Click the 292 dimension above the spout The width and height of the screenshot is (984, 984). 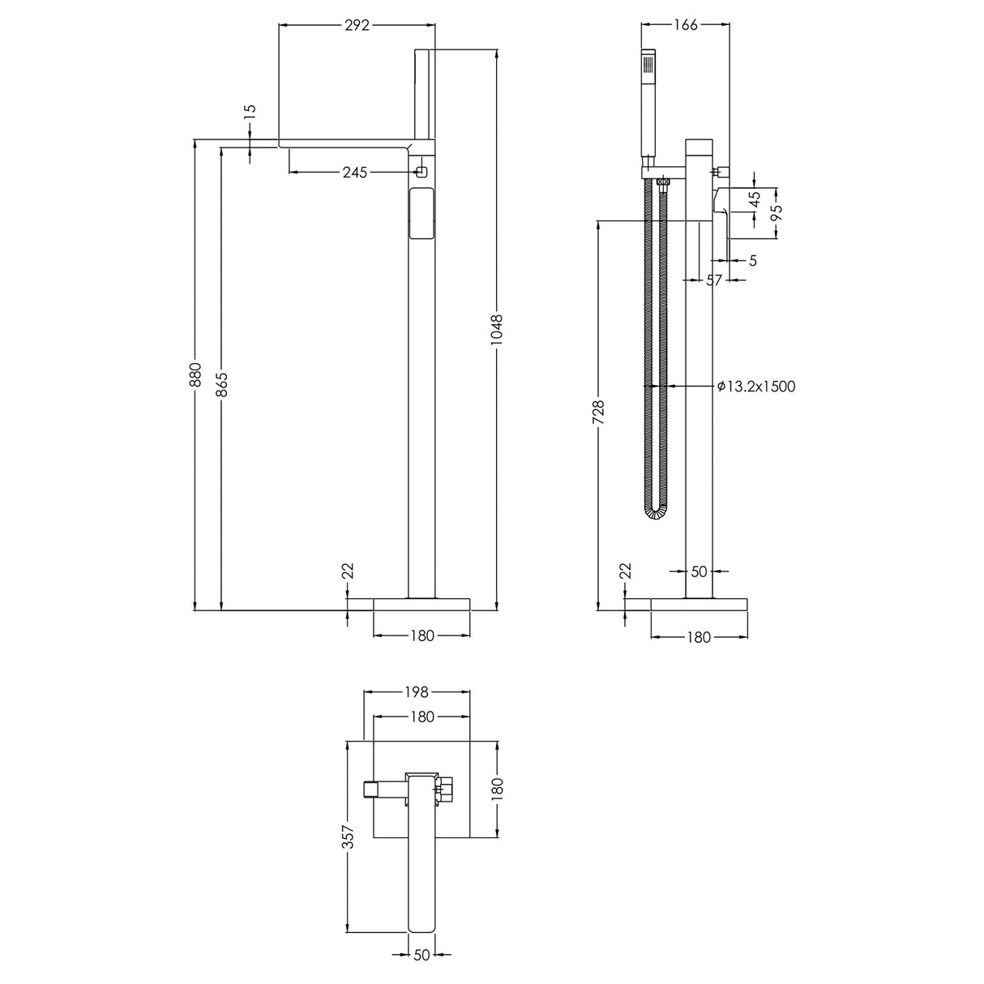point(357,25)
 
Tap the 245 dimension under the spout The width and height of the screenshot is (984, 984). point(355,172)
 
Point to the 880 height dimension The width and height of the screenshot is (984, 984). point(195,375)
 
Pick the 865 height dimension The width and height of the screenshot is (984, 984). point(220,385)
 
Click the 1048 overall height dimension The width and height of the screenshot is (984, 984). point(497,330)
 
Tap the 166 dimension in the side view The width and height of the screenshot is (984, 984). point(686,25)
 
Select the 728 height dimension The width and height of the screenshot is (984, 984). point(598,413)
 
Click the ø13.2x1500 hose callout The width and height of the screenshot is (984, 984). point(756,387)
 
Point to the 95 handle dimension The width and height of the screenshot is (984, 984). point(777,213)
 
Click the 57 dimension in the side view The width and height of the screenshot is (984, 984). point(714,280)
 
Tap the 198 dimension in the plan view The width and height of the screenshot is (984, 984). point(417,692)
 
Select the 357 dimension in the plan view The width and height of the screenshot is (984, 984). point(348,837)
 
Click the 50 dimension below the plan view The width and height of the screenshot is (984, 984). point(421,955)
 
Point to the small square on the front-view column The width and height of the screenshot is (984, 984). point(421,172)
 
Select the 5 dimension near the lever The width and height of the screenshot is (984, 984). point(753,260)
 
